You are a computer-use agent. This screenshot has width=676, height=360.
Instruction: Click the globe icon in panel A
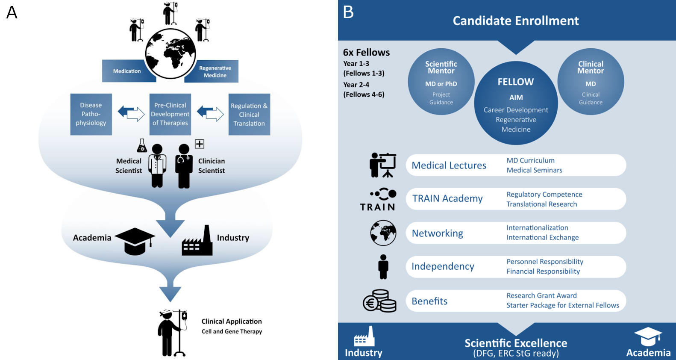170,53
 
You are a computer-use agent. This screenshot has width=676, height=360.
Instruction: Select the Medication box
126,71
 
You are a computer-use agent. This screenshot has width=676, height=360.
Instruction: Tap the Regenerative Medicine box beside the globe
215,71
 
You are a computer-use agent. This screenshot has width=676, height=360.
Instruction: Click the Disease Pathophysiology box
91,114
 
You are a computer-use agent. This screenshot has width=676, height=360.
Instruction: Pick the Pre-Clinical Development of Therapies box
170,114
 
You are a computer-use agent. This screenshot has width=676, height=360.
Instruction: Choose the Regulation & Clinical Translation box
249,115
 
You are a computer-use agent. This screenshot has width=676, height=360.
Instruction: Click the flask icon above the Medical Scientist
142,146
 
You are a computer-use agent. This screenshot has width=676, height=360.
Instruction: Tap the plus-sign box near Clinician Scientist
200,144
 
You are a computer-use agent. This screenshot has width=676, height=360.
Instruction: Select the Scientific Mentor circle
441,82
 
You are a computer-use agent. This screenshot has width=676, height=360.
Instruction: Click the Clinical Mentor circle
591,82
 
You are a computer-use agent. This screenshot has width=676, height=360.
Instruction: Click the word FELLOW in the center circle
516,82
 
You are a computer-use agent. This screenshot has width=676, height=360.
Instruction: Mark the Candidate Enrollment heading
516,21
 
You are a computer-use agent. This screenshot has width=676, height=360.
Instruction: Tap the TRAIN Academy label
447,199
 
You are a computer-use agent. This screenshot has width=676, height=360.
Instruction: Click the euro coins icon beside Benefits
379,301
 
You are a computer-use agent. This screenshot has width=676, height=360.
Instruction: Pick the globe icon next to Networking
383,233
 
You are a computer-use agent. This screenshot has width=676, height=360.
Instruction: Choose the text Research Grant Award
541,295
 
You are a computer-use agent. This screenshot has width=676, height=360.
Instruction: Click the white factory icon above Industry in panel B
364,336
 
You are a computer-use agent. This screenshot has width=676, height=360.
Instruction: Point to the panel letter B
348,12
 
